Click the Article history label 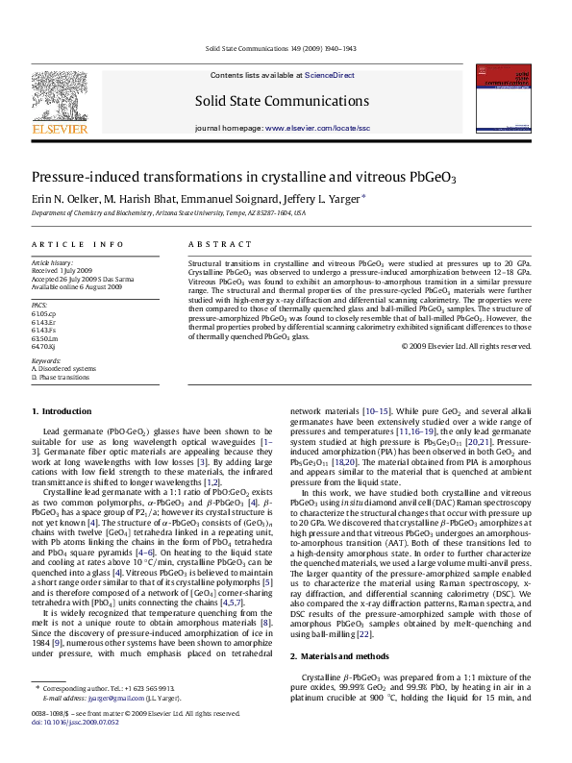52,261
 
